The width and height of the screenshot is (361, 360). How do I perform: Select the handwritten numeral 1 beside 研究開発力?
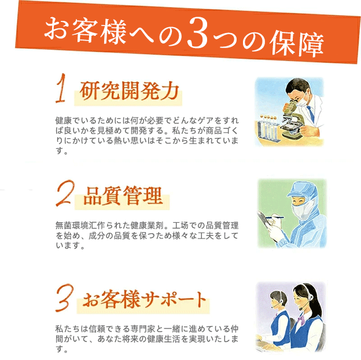(x=61, y=89)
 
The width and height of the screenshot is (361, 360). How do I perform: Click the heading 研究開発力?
(x=129, y=91)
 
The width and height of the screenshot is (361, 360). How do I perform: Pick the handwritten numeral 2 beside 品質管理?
(x=65, y=193)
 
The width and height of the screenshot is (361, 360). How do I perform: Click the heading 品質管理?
(x=123, y=196)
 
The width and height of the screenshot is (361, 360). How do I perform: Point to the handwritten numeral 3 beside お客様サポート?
(x=64, y=298)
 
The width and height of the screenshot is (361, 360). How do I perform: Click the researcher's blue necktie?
(x=311, y=114)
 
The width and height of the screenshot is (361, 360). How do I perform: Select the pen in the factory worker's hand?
(x=275, y=217)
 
